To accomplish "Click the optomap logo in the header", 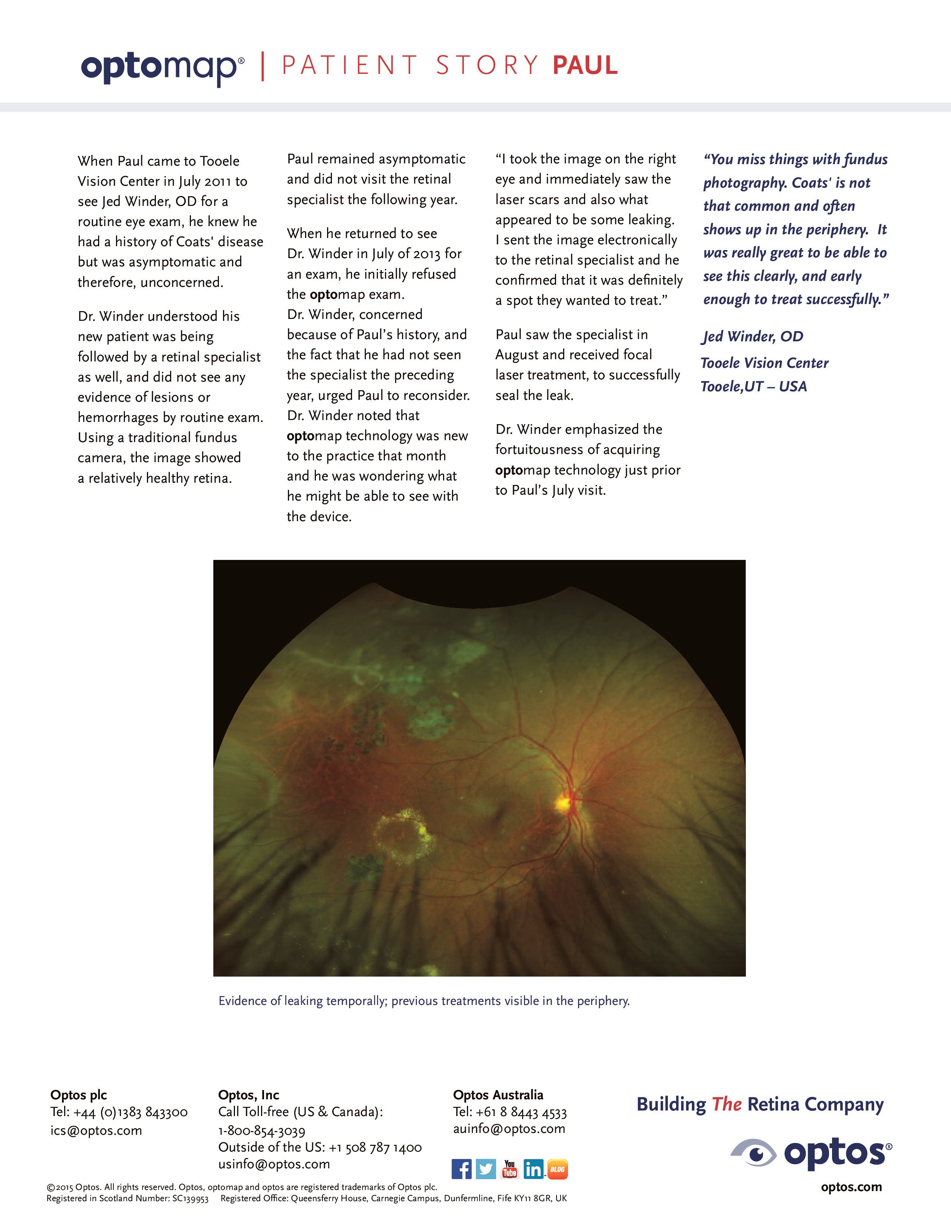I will tap(162, 68).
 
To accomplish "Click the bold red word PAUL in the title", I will tap(585, 65).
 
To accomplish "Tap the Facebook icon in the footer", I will tap(461, 1169).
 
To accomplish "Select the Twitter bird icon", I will tap(486, 1169).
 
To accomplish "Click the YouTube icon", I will tap(510, 1169).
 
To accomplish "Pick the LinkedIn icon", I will tap(533, 1169).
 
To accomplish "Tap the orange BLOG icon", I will tap(557, 1169).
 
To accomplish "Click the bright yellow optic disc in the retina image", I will tap(563, 803).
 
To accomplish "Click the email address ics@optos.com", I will tap(96, 1131).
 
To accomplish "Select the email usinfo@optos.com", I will tap(274, 1164).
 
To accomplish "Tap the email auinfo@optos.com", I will tap(509, 1128).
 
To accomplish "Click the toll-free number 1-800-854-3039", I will tap(261, 1131).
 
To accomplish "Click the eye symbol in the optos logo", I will tap(755, 1153).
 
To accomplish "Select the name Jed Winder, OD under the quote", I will tap(753, 336).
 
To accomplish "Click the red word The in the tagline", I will tap(726, 1104).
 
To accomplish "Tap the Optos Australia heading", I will tap(498, 1094).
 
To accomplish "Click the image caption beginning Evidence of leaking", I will tap(424, 1000).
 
